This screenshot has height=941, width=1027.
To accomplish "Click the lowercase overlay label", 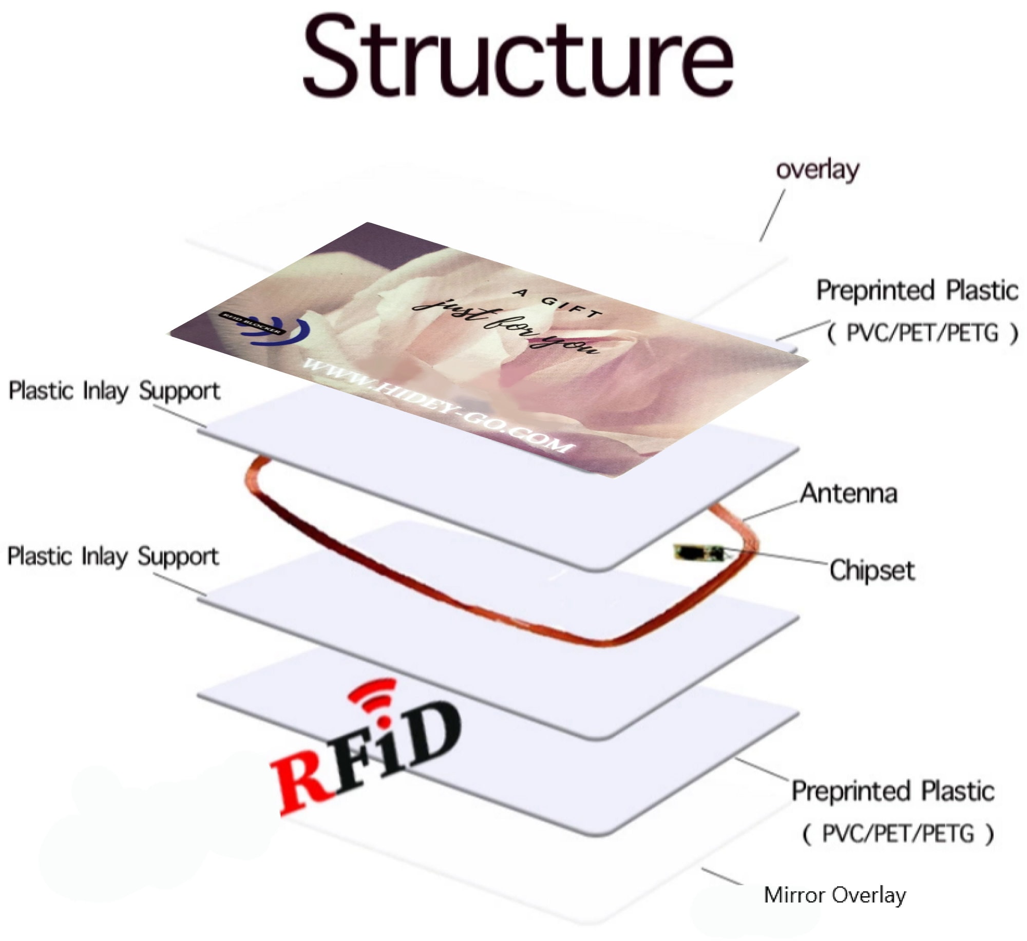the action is [817, 169].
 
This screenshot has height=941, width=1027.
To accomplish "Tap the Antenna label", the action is [849, 493].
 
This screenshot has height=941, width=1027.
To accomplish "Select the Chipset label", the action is [872, 570].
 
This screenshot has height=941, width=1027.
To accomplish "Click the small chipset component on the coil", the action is [699, 553].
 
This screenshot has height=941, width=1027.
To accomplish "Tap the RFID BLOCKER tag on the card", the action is [251, 323].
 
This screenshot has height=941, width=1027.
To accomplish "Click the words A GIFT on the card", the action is [558, 303].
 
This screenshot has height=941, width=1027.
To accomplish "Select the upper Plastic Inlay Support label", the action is [115, 391].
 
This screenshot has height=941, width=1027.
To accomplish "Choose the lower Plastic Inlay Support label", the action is [113, 557].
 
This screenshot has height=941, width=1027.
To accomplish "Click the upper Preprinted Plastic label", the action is [917, 290].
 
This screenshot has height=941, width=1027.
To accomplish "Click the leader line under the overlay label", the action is [772, 215].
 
